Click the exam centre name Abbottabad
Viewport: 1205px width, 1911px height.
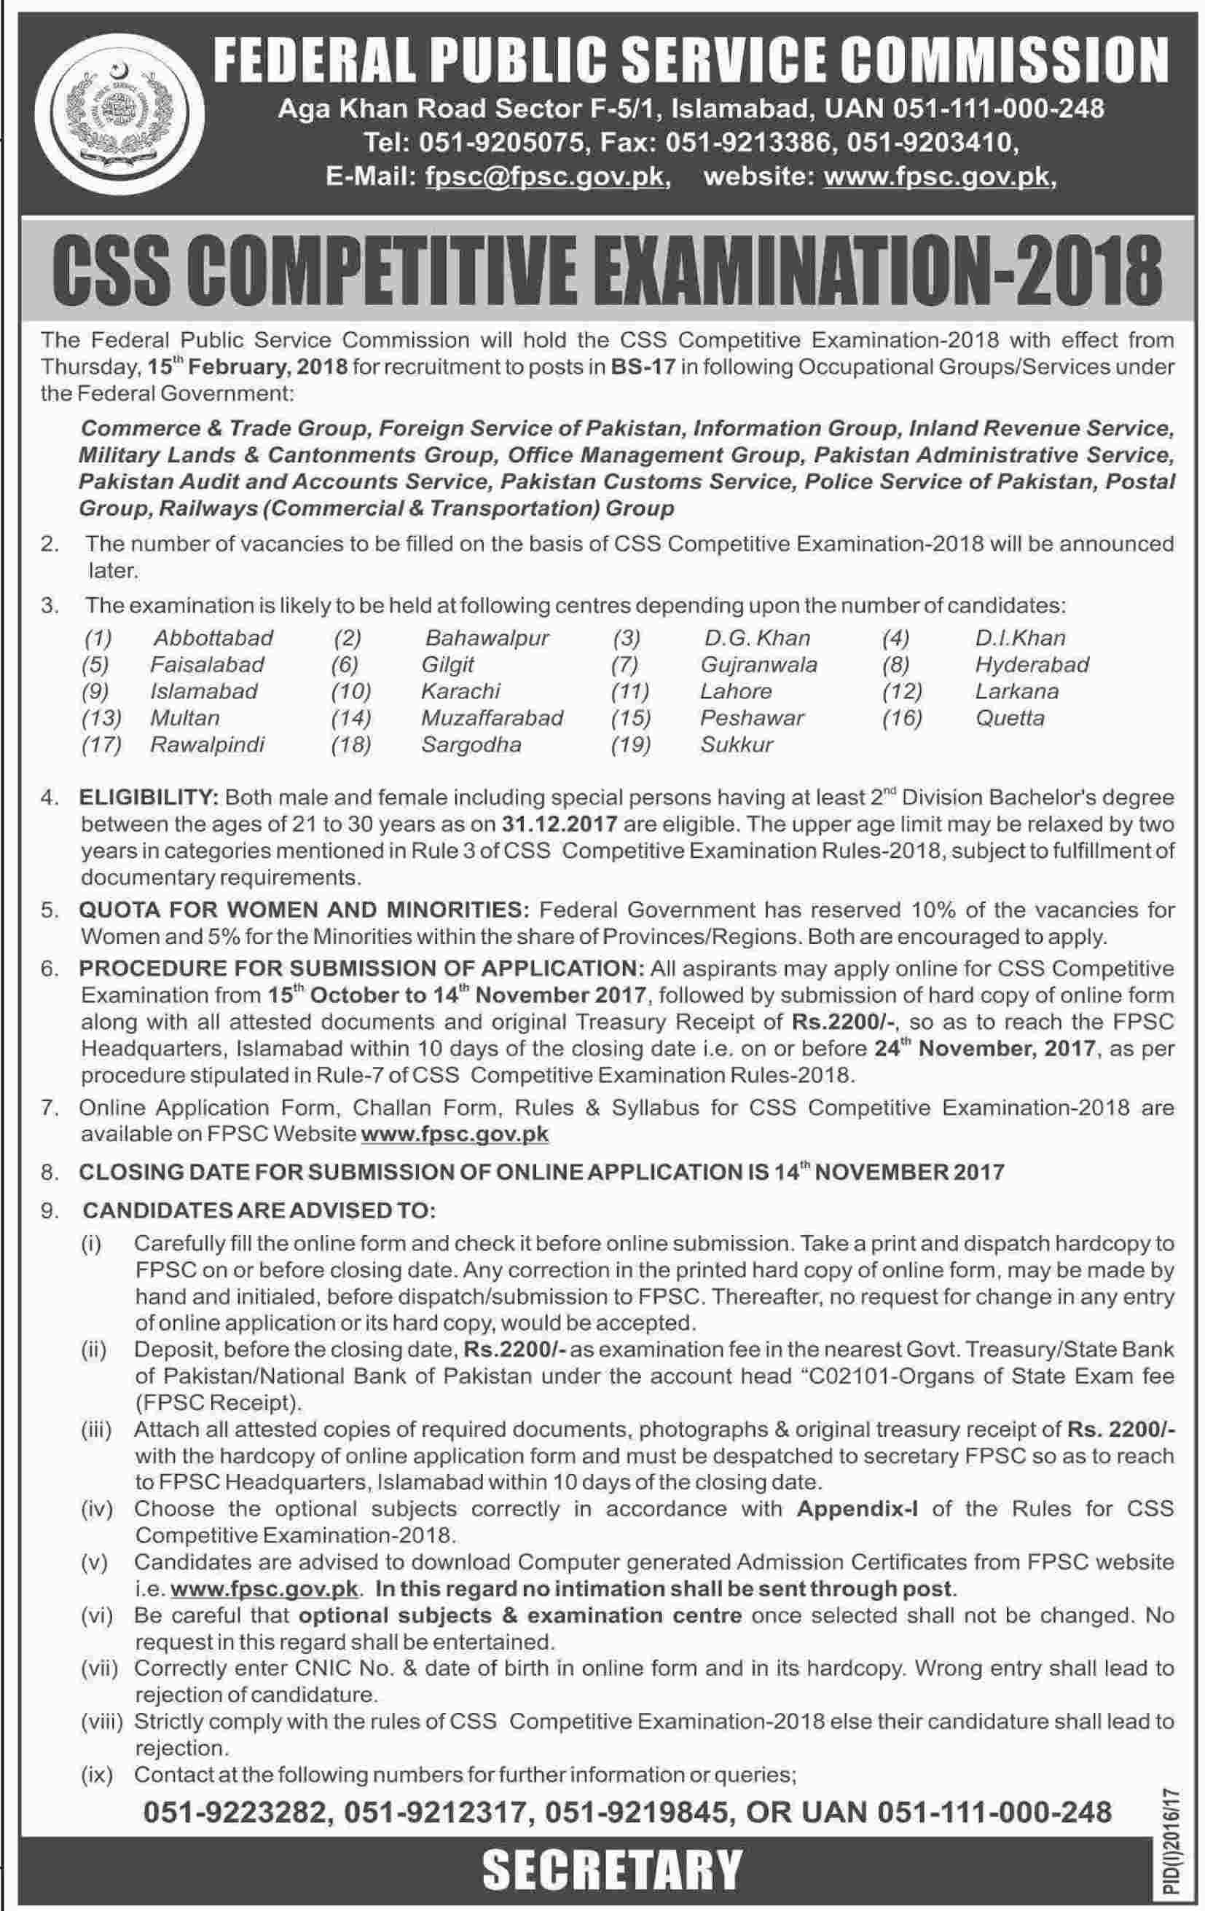click(213, 638)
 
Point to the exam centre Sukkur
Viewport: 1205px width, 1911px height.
click(736, 744)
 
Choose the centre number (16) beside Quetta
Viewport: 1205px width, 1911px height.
click(902, 718)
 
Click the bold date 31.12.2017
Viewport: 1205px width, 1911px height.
click(560, 824)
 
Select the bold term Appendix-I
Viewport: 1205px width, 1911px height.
click(857, 1509)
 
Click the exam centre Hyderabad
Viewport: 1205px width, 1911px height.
click(1031, 664)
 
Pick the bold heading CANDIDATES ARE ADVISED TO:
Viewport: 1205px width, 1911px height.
click(259, 1210)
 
